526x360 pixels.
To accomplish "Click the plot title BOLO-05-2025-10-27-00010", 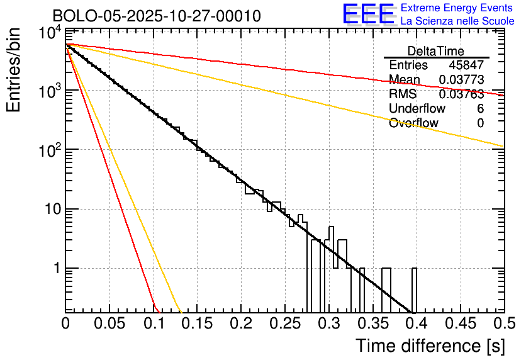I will click(157, 16).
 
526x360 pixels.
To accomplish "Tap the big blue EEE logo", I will click(368, 14).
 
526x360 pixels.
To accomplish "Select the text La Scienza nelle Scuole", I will click(457, 21).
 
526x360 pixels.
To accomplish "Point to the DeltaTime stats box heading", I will click(436, 51).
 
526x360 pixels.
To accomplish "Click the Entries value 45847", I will click(466, 65).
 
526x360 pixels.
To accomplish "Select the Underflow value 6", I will click(481, 108).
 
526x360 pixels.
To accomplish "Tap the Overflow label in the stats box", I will click(413, 123).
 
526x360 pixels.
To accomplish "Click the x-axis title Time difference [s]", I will click(430, 346).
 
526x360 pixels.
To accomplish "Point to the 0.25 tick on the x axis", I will click(284, 323).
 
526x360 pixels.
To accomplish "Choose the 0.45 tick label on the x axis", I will click(459, 323).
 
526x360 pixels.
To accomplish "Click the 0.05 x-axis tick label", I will click(109, 323).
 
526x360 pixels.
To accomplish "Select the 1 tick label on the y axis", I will click(55, 269).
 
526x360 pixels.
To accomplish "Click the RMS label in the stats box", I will click(403, 94).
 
